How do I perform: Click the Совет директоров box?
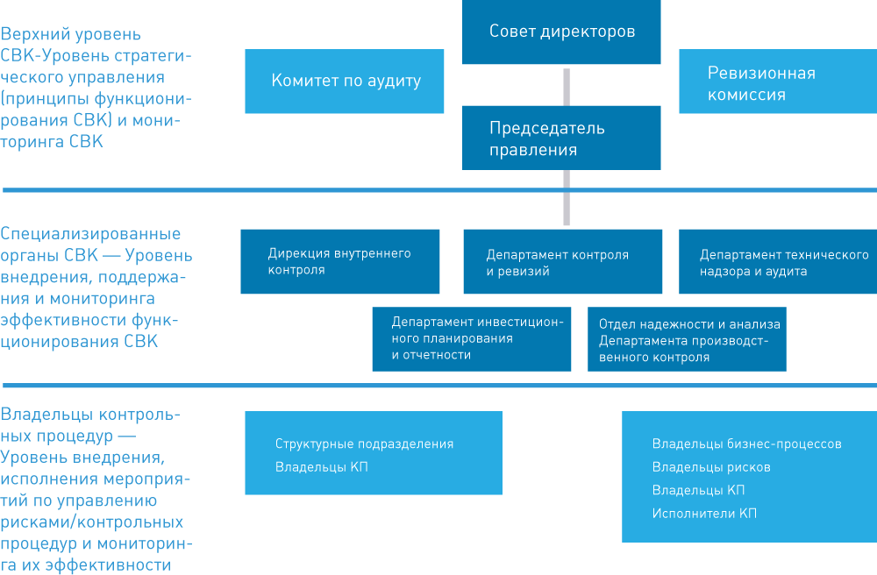click(x=561, y=32)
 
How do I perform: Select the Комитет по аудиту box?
click(x=344, y=81)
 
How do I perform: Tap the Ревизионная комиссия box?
click(x=778, y=81)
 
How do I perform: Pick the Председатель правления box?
click(x=561, y=138)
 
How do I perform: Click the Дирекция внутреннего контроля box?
click(x=340, y=261)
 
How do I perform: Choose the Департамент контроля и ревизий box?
click(x=563, y=261)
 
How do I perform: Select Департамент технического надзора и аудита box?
click(x=778, y=261)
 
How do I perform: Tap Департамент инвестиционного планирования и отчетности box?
click(x=472, y=338)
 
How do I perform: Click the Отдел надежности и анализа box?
click(x=687, y=338)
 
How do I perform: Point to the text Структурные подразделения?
click(x=364, y=444)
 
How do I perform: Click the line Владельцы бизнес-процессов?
click(x=746, y=444)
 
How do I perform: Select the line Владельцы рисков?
click(x=711, y=467)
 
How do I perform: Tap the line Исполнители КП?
click(x=704, y=514)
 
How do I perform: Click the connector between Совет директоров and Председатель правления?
click(x=567, y=87)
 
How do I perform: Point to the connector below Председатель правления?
click(x=567, y=197)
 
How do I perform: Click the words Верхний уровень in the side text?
click(x=70, y=34)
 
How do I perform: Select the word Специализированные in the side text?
click(x=90, y=233)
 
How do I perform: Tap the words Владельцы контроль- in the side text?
click(x=90, y=415)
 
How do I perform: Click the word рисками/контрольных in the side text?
click(x=92, y=522)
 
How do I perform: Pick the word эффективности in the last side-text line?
click(x=108, y=565)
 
